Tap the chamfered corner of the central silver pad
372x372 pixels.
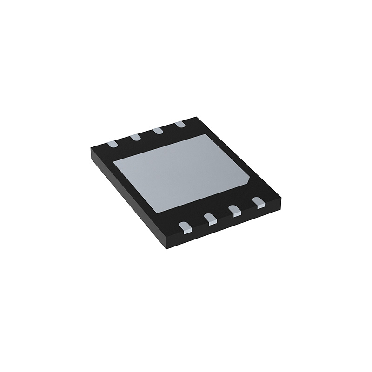(251, 179)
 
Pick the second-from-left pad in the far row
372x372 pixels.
(135, 137)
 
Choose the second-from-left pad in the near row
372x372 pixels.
(210, 219)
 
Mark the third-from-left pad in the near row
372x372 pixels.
(234, 210)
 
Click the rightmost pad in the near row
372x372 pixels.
(258, 202)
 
